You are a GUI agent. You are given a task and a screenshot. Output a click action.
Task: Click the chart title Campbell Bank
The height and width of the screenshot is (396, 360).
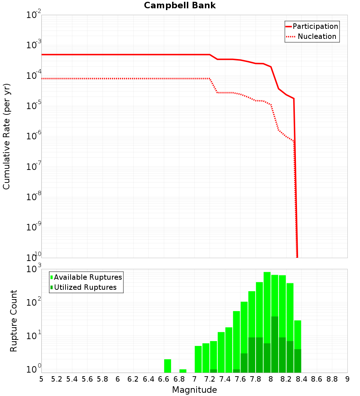tap(180, 5)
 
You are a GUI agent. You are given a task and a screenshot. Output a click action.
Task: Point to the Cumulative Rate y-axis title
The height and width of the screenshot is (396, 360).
tap(6, 136)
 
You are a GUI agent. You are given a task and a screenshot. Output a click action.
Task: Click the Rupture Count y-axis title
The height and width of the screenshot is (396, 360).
tap(14, 321)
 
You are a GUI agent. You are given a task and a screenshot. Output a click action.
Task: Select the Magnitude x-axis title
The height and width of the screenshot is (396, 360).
tap(194, 390)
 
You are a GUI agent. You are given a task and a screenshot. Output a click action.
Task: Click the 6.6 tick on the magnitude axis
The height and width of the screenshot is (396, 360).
tap(164, 379)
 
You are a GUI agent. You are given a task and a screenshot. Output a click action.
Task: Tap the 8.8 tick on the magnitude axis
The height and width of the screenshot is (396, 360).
tap(332, 379)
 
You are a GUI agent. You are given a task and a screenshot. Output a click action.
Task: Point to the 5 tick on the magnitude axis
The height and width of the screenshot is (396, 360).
tap(41, 379)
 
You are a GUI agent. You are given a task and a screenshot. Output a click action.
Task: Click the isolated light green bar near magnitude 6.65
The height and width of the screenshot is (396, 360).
tap(167, 366)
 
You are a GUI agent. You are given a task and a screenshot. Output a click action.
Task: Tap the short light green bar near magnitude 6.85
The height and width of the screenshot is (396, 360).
tap(183, 371)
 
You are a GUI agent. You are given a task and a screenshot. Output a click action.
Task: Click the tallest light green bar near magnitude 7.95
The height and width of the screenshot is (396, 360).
tap(267, 306)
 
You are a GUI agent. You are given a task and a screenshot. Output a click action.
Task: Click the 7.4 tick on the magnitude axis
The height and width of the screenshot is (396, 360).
tap(225, 379)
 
